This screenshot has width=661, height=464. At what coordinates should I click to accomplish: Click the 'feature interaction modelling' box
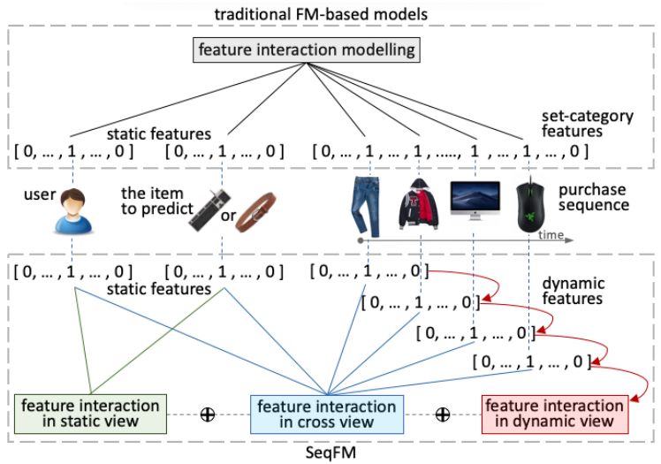(307, 50)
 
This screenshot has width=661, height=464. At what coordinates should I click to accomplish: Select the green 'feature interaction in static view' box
(91, 414)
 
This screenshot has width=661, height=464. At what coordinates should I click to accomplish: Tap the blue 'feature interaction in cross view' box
(327, 415)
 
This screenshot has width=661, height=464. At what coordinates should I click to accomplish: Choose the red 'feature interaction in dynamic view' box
(555, 414)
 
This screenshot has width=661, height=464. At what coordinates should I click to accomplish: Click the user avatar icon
(73, 210)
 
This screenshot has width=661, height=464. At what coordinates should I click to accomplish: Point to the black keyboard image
(209, 210)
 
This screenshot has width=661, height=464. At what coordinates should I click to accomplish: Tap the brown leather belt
(255, 212)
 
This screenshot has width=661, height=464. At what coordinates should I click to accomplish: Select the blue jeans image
(366, 207)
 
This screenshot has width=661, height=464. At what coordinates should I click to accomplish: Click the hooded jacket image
(419, 204)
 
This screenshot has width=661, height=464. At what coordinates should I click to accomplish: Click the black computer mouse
(530, 205)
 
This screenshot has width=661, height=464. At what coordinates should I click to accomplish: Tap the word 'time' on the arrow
(551, 234)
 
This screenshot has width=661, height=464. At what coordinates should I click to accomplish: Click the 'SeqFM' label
(330, 453)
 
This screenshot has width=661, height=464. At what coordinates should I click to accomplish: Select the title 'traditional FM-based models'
(322, 14)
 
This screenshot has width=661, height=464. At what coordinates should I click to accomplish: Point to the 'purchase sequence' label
(594, 197)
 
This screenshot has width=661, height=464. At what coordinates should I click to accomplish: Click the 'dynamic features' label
(573, 291)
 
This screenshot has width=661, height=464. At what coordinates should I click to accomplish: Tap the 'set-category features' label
(588, 124)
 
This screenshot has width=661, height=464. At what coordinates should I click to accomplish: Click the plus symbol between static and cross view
(208, 415)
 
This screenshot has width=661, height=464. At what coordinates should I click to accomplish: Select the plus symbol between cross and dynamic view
(443, 415)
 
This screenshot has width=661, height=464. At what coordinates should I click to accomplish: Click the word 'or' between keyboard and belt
(228, 216)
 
